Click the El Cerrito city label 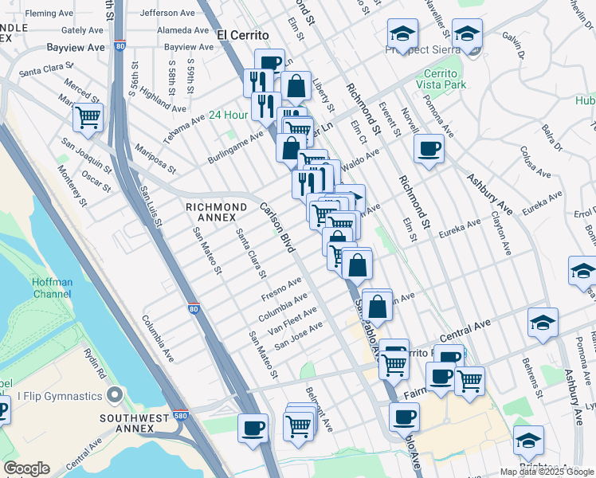point(244,35)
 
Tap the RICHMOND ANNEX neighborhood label point(210,212)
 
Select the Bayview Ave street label point(75,48)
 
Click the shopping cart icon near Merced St point(88,118)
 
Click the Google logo point(26,468)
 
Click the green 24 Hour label point(229,115)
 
